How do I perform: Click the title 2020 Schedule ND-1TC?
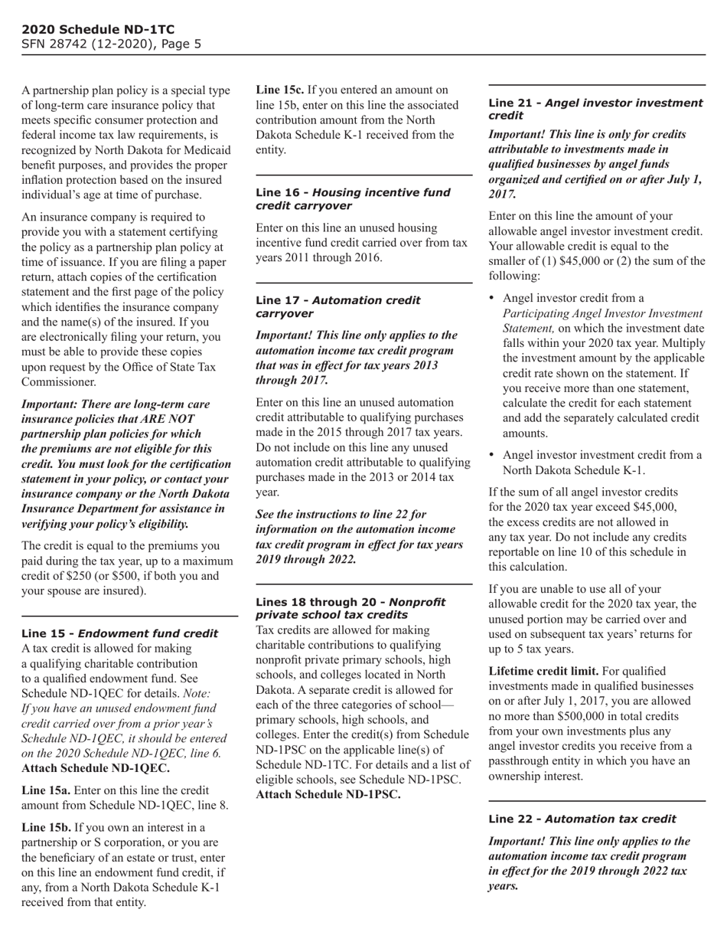(x=93, y=30)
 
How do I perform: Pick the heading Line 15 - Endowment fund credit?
(x=119, y=633)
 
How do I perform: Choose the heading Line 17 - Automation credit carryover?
(x=337, y=306)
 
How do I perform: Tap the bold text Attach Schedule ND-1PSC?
(x=328, y=794)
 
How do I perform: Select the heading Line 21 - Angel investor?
(x=595, y=109)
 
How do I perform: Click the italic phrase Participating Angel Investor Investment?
(x=601, y=313)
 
